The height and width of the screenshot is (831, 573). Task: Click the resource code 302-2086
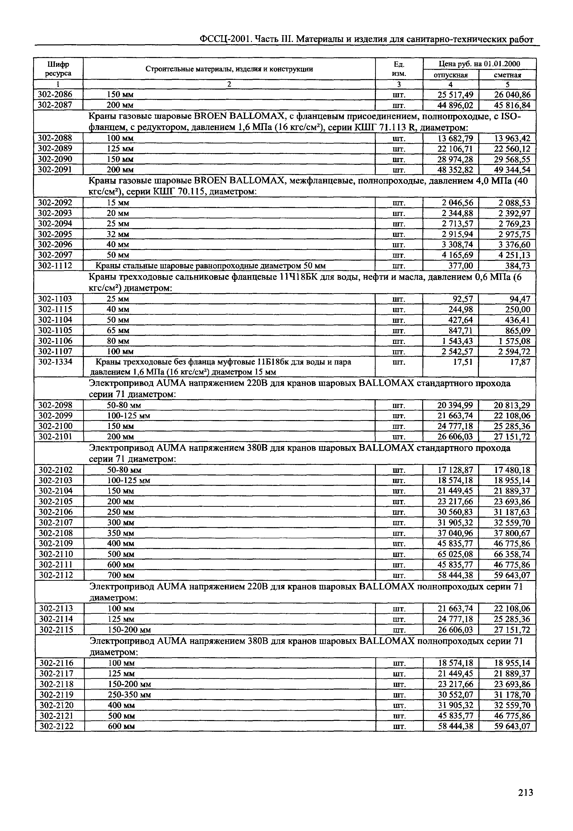(x=55, y=94)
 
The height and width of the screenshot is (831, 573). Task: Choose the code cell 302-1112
(x=55, y=266)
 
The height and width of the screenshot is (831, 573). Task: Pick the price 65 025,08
(x=455, y=554)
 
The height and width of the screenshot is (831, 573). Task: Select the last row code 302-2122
(x=56, y=726)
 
